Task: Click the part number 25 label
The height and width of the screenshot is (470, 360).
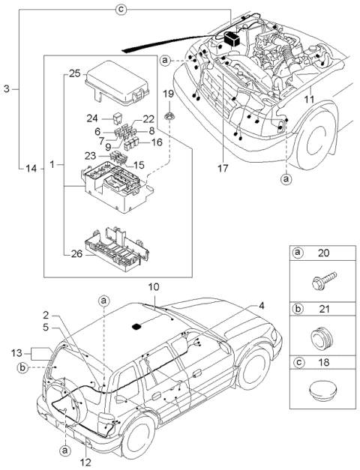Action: click(x=73, y=73)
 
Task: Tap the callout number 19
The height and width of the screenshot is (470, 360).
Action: click(x=169, y=94)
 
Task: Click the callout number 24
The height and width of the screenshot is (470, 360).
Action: click(x=93, y=118)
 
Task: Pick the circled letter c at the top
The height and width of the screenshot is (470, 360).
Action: click(x=121, y=9)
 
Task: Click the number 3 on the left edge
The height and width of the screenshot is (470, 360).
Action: click(x=7, y=89)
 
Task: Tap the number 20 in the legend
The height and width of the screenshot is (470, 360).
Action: click(x=325, y=254)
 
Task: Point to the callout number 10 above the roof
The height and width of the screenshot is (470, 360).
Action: click(x=154, y=286)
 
